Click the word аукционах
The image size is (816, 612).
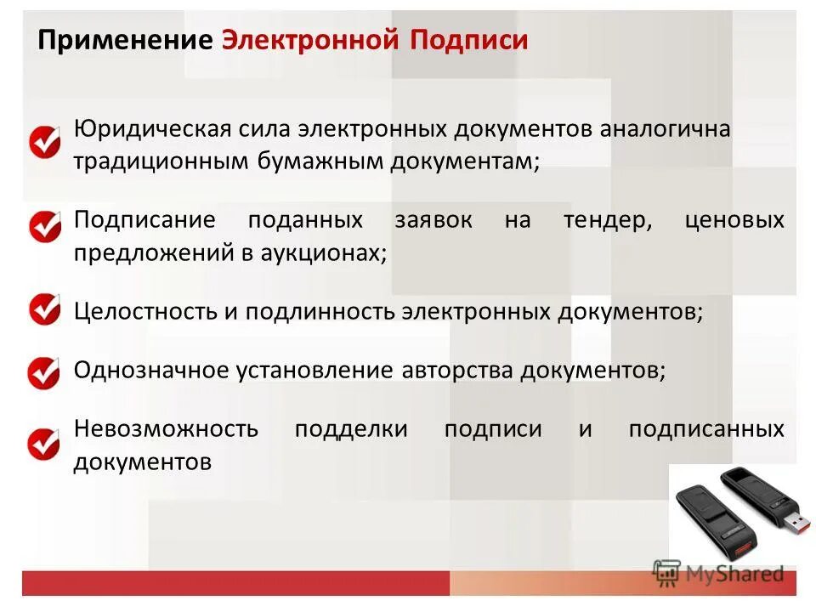click(x=327, y=253)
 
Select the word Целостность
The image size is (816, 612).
click(x=145, y=312)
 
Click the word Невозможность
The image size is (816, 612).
click(x=167, y=428)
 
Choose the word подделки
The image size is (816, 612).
click(x=350, y=428)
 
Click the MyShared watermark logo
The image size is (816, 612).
click(x=719, y=573)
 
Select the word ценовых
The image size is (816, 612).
click(x=734, y=221)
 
